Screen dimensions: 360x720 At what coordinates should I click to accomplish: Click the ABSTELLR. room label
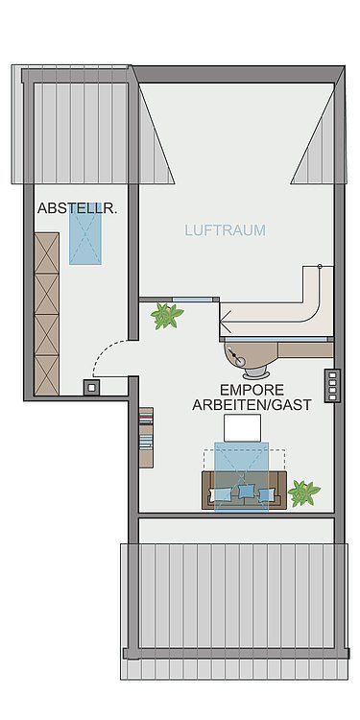click(x=77, y=209)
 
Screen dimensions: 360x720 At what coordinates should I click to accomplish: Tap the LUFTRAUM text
click(x=225, y=230)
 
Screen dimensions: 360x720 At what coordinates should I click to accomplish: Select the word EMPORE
click(x=252, y=390)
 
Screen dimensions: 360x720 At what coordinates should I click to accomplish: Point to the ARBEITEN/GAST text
click(x=252, y=405)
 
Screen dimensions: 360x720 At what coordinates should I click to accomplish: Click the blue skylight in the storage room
click(x=85, y=233)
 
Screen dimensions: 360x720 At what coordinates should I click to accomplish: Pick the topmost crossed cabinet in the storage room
click(x=47, y=253)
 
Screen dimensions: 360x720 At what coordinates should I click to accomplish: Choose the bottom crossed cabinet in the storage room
click(x=47, y=375)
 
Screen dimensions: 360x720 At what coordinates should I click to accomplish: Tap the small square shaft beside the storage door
click(x=91, y=388)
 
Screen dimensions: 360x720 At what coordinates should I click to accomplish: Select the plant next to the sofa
click(x=303, y=492)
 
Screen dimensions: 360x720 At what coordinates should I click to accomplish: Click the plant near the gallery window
click(x=166, y=316)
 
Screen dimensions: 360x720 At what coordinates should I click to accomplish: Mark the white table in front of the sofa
click(x=242, y=428)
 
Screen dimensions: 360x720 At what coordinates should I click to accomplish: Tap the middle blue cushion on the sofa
click(x=247, y=492)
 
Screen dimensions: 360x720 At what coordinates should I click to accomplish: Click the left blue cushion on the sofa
click(x=220, y=494)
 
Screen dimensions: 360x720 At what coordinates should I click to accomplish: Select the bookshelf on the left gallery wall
click(x=146, y=437)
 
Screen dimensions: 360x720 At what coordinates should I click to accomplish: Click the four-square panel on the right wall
click(x=332, y=386)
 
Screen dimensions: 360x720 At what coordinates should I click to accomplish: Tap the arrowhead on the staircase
click(x=227, y=318)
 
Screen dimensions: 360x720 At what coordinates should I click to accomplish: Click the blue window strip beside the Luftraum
click(x=193, y=300)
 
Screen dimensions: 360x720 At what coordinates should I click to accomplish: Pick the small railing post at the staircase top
click(x=320, y=266)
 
